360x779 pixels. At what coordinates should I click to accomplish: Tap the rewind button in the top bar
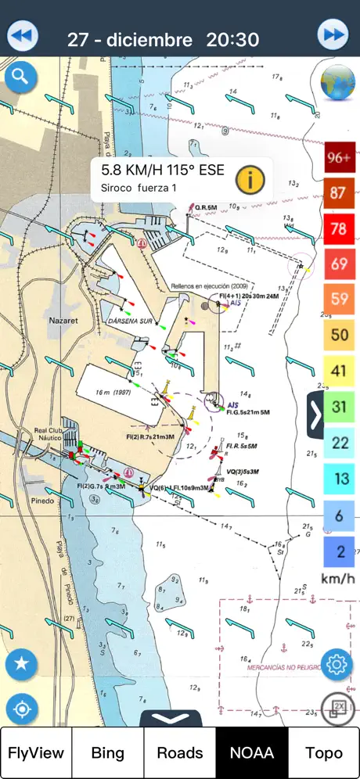point(23,36)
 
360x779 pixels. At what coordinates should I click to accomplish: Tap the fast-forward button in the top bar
point(333,36)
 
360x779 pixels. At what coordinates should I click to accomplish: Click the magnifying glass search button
point(21,77)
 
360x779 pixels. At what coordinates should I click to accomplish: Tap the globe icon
point(340,83)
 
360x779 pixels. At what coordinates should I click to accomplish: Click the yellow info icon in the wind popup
point(250,179)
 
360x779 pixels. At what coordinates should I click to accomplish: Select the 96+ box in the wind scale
point(340,156)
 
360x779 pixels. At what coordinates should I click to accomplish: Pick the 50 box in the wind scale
point(340,335)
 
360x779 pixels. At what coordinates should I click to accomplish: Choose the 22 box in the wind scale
point(340,443)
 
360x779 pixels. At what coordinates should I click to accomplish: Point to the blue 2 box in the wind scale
point(340,551)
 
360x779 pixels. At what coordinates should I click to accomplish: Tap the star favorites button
point(21,664)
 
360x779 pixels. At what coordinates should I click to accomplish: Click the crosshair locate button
point(21,709)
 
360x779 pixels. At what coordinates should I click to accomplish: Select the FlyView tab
point(36,752)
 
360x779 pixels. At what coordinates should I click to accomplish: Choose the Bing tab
point(108,752)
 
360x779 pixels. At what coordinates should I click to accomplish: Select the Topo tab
point(323,752)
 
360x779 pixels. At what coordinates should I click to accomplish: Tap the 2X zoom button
point(338,709)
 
